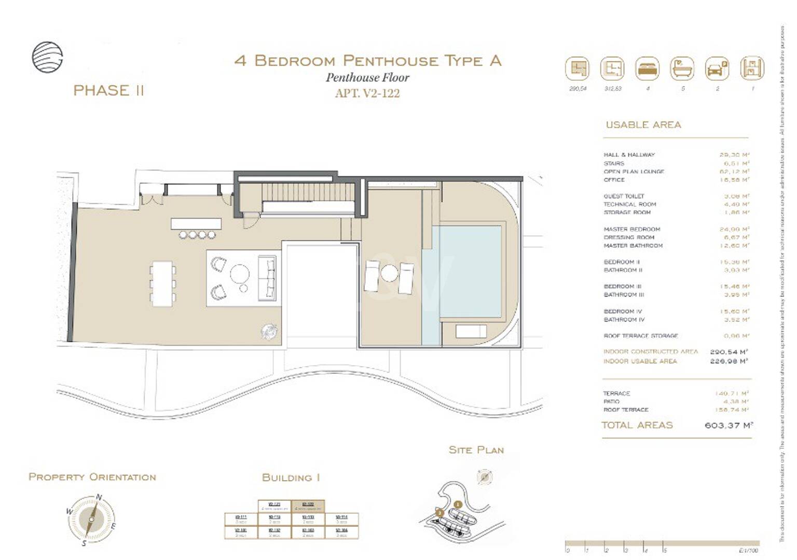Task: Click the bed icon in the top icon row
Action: coord(647,68)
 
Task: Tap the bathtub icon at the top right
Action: coord(682,68)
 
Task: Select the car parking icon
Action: coord(717,68)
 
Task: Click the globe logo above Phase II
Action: coord(47,57)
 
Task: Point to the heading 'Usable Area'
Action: coord(643,125)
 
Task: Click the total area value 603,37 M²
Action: coord(728,425)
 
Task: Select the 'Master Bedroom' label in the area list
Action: coord(631,229)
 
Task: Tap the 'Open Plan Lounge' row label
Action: coord(634,172)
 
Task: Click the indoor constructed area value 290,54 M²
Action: coord(729,352)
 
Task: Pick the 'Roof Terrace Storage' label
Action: coord(640,336)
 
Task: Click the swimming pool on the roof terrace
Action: coord(469,271)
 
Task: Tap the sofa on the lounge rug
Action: coord(267,278)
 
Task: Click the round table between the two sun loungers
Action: coord(389,273)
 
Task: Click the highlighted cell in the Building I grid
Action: coord(308,506)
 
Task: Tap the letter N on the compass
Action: coord(99,497)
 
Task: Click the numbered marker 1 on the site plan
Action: coord(457,505)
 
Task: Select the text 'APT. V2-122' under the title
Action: coord(367,93)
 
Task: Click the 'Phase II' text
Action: coord(108,91)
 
